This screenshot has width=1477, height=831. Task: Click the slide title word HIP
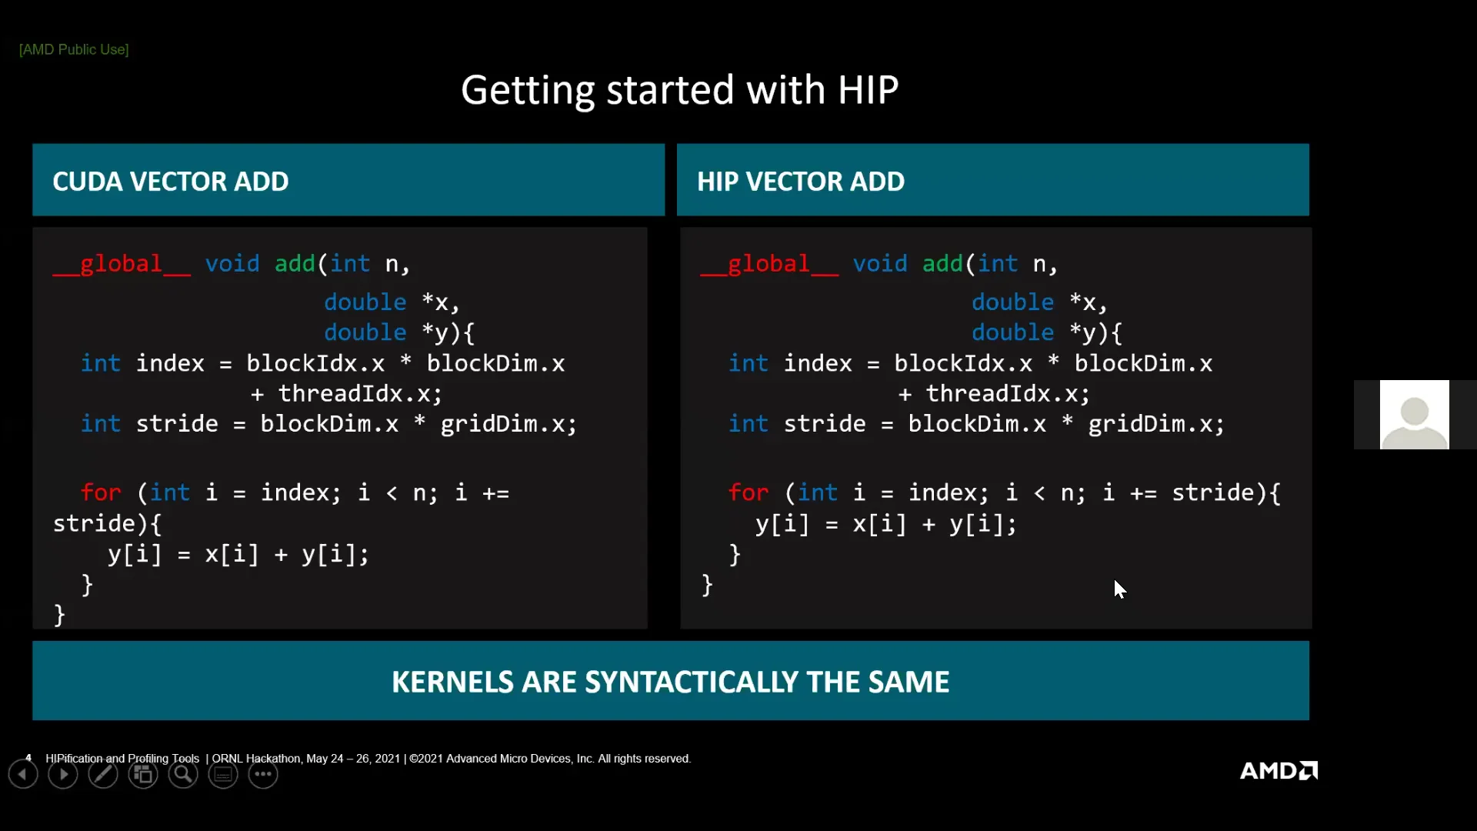coord(868,90)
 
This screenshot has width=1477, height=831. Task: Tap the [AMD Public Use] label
coord(74,49)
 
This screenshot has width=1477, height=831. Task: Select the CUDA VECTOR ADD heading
coord(171,182)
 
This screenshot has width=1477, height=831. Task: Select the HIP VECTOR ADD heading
coord(800,182)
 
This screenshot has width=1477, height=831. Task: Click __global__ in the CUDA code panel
coord(122,264)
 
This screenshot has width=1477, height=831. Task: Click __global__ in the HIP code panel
coord(769,264)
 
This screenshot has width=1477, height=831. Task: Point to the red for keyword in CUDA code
coord(101,492)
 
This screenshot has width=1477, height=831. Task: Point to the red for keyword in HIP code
coord(749,492)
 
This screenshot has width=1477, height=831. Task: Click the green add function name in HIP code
coord(942,264)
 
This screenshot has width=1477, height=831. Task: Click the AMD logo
coord(1279,770)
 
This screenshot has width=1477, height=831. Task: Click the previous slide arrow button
coord(23,775)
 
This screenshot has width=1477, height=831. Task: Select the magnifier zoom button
coord(183,775)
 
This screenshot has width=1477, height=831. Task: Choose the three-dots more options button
coord(263,775)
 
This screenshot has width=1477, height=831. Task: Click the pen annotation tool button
coord(103,775)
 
